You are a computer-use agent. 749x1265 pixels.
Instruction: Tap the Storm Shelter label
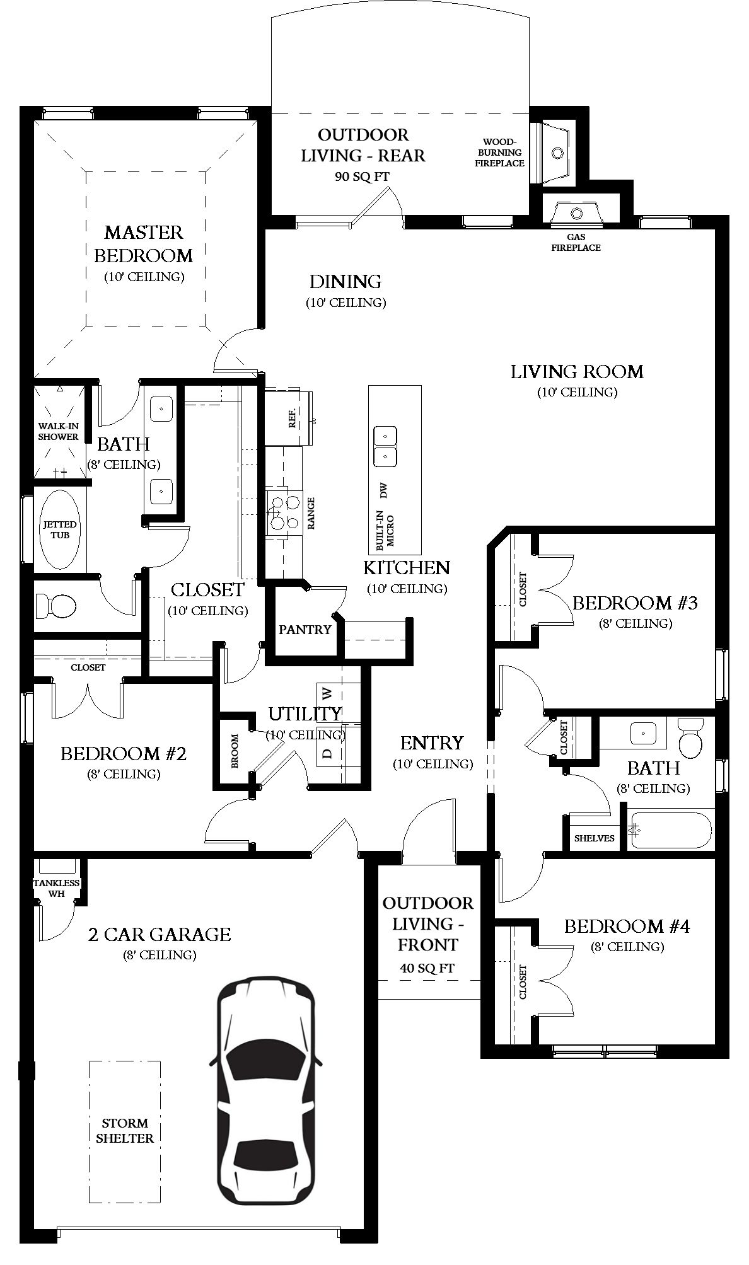pos(125,1131)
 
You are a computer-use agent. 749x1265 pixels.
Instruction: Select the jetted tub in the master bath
pos(60,529)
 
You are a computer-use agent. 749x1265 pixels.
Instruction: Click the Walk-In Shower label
pos(58,431)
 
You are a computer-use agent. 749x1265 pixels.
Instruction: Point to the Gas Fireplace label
pos(576,243)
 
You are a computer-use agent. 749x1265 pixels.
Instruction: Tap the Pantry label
pos(305,629)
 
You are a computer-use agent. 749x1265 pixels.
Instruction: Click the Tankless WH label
pos(57,887)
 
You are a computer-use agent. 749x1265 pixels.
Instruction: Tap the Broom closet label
pos(235,751)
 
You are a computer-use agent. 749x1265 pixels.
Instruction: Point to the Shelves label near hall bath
pos(594,838)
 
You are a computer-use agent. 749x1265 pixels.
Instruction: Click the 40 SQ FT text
pos(427,968)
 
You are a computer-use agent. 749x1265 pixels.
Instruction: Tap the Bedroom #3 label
pos(634,603)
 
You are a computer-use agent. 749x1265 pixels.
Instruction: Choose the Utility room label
pos(305,713)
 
